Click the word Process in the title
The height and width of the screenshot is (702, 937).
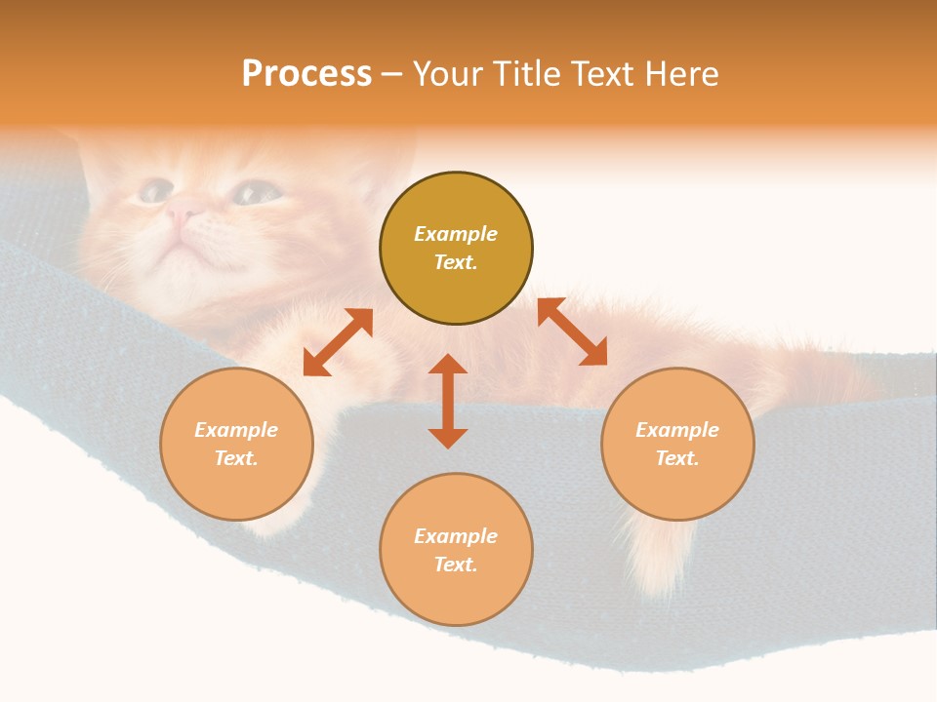(x=306, y=74)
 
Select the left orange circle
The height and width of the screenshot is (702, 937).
(x=236, y=487)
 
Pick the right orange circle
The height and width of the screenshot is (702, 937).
(x=677, y=487)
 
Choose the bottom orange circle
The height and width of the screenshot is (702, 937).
(x=456, y=595)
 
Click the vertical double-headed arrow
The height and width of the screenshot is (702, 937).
(x=448, y=401)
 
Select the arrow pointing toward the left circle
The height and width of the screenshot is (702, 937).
(x=338, y=342)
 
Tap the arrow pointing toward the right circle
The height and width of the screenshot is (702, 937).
(x=572, y=331)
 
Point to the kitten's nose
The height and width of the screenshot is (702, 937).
(x=182, y=209)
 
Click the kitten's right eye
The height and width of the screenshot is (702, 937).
(x=253, y=192)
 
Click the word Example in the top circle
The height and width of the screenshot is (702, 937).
(x=456, y=234)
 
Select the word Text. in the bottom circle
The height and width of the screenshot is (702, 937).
(x=456, y=565)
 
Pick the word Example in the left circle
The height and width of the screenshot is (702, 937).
(x=236, y=430)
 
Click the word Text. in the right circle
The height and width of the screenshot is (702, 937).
(x=677, y=458)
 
